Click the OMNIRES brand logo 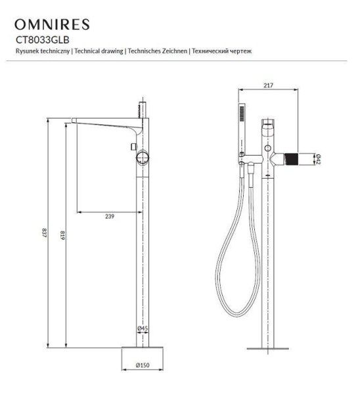click(52, 25)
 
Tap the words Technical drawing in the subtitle click(99, 51)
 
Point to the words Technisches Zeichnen click(157, 51)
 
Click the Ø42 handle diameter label click(317, 159)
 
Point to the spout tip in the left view click(76, 121)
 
